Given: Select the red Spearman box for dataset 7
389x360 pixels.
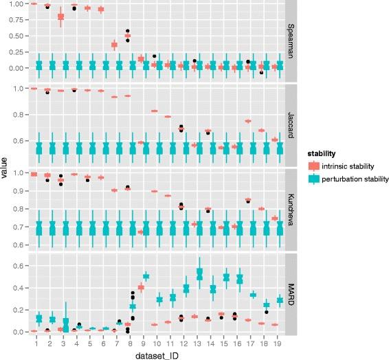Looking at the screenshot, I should (x=114, y=45).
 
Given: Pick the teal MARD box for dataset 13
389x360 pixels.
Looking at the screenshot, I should (x=200, y=274).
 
